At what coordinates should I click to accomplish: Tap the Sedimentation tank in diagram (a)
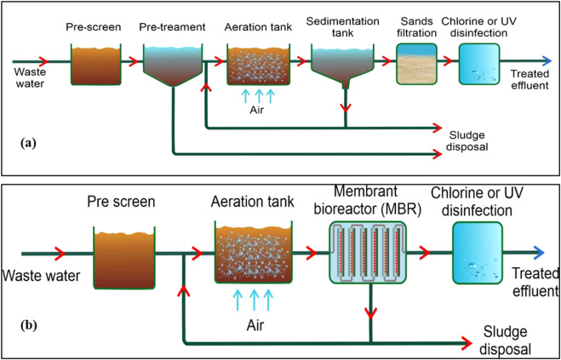click(344, 62)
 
